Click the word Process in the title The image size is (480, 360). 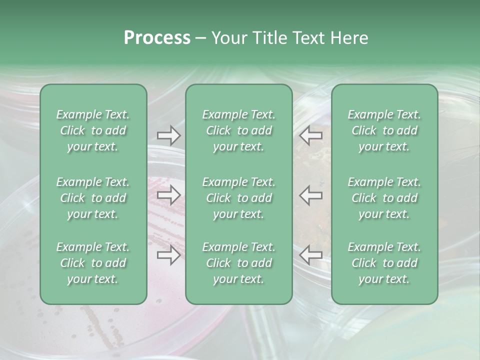point(157,38)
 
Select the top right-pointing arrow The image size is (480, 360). point(168,135)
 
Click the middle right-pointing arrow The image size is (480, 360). point(168,195)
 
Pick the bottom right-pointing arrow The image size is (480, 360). point(168,255)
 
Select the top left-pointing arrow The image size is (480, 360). point(311,135)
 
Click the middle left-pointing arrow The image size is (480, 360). point(311,195)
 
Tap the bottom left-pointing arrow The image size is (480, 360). point(311,255)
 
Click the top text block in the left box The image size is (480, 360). point(93,130)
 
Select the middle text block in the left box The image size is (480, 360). point(93,198)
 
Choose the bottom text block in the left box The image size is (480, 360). point(93,263)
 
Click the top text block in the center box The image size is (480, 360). point(238,130)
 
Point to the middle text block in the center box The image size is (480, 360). point(238,198)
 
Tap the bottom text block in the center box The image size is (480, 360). point(238,263)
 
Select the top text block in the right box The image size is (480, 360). point(384,130)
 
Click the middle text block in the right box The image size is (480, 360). point(384,198)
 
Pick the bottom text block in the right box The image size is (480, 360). point(384,263)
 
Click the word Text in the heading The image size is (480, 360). point(307,38)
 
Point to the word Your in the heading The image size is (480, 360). point(228,38)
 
